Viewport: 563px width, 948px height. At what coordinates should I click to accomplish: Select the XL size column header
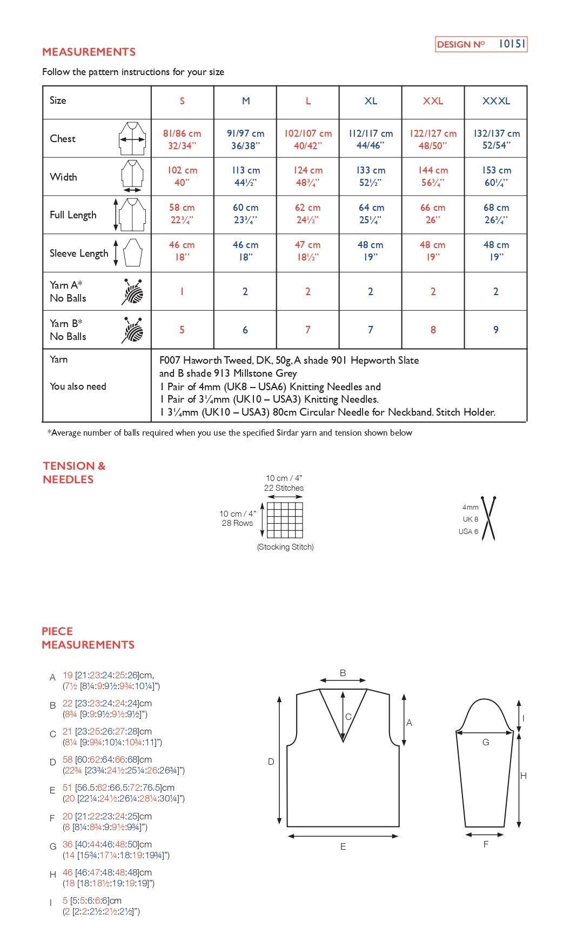coord(371,101)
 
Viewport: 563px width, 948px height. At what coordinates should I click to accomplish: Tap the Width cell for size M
coord(245,176)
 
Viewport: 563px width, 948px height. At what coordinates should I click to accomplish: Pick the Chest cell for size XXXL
coord(496,139)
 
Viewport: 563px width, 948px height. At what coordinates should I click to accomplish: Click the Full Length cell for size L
coord(307,213)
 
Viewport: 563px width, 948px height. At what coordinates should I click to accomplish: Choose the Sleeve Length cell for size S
coord(182,251)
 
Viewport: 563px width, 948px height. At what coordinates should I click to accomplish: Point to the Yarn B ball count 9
coord(495,330)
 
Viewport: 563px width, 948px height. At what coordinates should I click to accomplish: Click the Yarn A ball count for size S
coord(182,291)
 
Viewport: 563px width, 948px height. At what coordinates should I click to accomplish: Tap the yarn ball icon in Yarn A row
coord(133,292)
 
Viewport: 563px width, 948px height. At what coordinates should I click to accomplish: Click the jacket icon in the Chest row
coord(132,139)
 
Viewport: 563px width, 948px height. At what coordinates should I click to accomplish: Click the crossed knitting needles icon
coord(489,518)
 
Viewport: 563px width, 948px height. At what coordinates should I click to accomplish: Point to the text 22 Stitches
coord(284,488)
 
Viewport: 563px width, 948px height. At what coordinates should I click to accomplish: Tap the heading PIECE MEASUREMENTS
coord(88,638)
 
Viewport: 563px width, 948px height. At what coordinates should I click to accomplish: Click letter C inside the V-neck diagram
coord(348,717)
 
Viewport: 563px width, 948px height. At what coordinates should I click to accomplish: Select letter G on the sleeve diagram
coord(485,742)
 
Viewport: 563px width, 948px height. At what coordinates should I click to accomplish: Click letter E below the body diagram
coord(343,847)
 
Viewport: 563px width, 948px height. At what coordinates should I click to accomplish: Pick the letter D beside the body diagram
coord(271,762)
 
